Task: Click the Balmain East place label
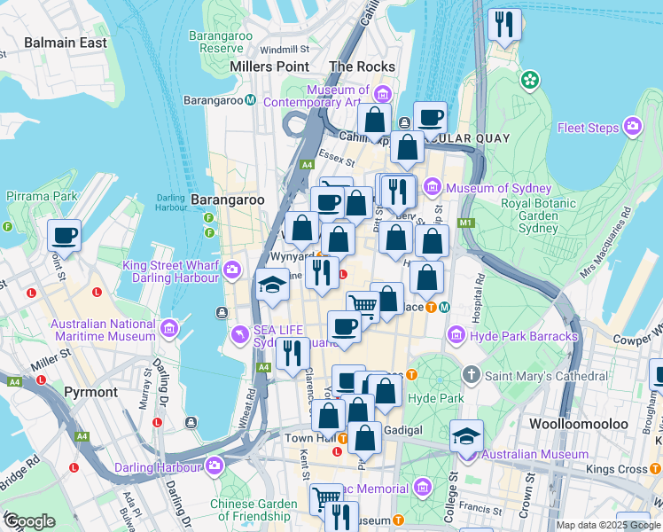(x=66, y=43)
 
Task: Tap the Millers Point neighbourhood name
(x=269, y=66)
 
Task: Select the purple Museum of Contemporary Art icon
(x=383, y=93)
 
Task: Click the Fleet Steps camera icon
(x=633, y=128)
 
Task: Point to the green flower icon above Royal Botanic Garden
(x=530, y=81)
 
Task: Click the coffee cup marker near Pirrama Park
(x=65, y=237)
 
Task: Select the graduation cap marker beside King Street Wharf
(x=271, y=286)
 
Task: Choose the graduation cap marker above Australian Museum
(x=466, y=436)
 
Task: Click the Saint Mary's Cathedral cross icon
(x=472, y=376)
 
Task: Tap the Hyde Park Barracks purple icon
(x=456, y=336)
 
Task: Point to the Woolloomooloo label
(x=579, y=424)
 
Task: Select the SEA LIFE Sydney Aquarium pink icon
(x=238, y=335)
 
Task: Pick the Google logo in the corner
(x=29, y=521)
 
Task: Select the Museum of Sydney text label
(x=499, y=188)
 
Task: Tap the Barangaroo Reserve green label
(x=221, y=42)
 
